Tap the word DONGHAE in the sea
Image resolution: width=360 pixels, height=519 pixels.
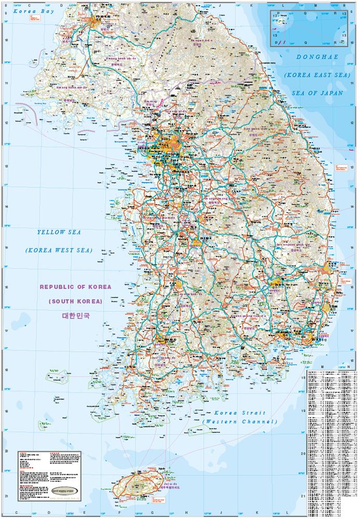(312, 59)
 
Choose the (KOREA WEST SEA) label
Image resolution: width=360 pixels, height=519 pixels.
(59, 250)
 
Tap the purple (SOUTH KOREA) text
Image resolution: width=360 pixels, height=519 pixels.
(75, 301)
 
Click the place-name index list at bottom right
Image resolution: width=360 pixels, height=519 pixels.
(332, 444)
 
